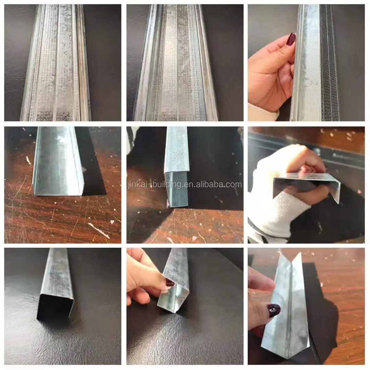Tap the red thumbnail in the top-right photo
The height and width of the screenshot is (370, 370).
point(291,39)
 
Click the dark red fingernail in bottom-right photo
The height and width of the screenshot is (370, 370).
point(274,310)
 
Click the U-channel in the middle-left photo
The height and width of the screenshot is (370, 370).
point(58,161)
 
